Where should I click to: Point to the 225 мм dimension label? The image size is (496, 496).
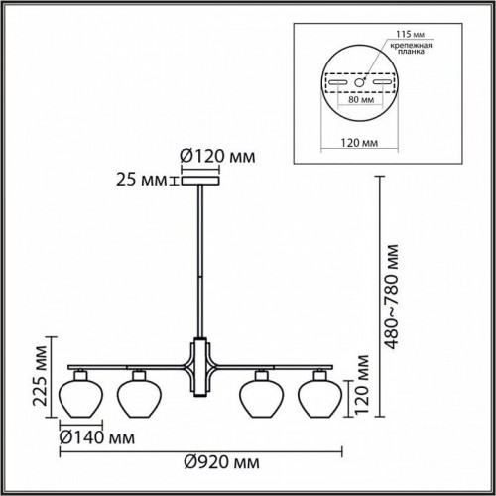tap(37, 381)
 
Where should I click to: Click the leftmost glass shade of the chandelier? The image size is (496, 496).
tap(80, 394)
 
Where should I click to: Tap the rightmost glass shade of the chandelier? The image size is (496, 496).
tap(318, 394)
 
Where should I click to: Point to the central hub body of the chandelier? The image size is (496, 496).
tap(200, 364)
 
